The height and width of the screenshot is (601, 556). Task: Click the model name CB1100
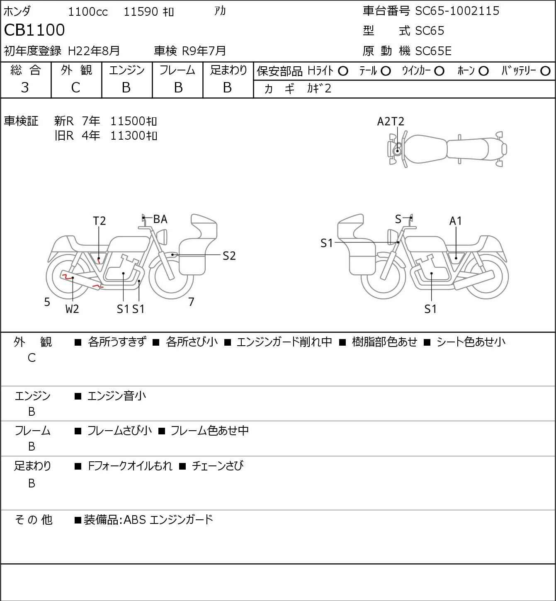click(x=34, y=30)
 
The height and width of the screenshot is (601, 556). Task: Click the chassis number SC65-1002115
click(x=457, y=11)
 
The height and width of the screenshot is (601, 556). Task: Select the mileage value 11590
click(x=141, y=12)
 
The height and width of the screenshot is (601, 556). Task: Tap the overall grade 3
click(x=25, y=87)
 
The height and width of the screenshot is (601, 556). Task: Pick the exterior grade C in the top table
click(x=75, y=87)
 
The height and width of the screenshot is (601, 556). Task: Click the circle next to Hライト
click(x=343, y=71)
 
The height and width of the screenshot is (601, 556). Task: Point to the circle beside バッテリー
click(x=546, y=71)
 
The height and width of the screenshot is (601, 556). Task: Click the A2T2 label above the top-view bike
click(x=391, y=121)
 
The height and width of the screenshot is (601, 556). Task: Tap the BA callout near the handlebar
click(x=160, y=219)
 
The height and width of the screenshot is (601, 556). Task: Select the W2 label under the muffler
click(x=72, y=309)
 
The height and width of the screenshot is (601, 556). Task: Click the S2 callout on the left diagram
click(x=229, y=256)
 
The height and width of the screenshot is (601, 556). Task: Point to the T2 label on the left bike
click(x=99, y=221)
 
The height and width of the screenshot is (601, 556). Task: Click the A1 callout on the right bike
click(x=456, y=221)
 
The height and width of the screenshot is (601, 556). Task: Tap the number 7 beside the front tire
click(x=191, y=302)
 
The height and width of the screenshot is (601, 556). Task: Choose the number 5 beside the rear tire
click(x=47, y=302)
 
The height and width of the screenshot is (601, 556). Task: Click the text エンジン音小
click(x=117, y=396)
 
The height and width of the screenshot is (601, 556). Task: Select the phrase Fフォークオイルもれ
click(x=130, y=466)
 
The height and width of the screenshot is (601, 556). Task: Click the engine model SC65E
click(x=433, y=51)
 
